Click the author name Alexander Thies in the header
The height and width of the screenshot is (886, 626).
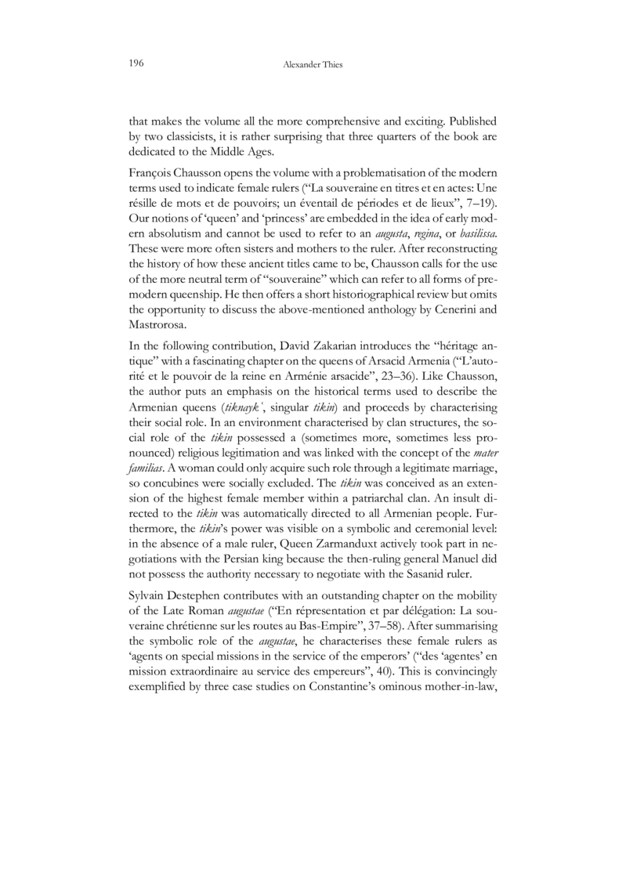(x=313, y=65)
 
